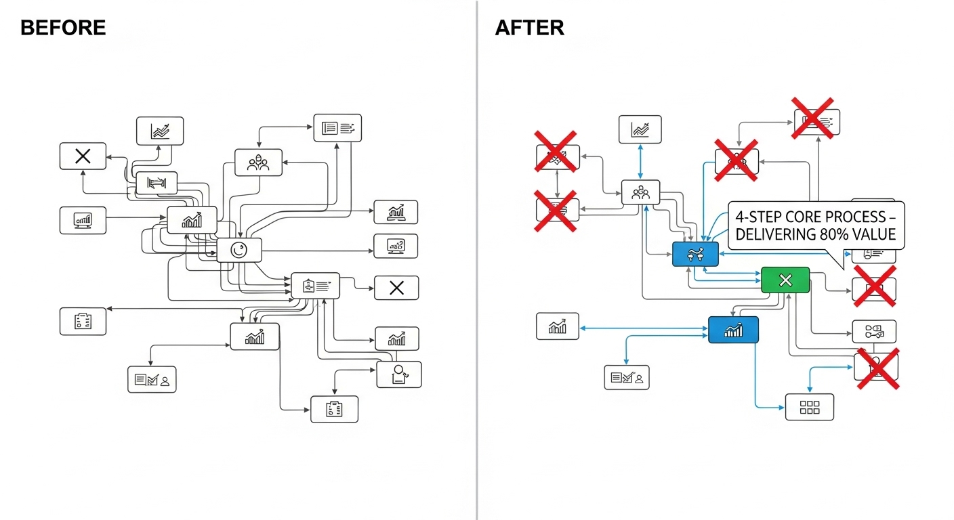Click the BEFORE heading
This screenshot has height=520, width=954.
point(63,28)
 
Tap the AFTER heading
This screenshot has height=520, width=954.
point(529,28)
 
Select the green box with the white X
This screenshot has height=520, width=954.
point(785,280)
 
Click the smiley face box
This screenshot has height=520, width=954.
point(239,250)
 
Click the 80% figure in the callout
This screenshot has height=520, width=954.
point(839,235)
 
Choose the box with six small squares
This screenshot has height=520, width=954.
point(810,407)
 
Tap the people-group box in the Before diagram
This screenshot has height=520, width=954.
point(258,162)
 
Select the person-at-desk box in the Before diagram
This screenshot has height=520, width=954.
point(398,374)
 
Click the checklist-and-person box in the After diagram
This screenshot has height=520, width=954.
point(626,377)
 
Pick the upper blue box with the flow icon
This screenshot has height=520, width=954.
point(695,254)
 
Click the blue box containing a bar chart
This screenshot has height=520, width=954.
point(733,330)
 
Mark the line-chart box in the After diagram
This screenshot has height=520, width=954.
point(640,129)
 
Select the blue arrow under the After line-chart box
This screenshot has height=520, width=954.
point(640,161)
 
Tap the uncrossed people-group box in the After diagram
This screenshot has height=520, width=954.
point(640,193)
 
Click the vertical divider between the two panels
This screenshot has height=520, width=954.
point(477,260)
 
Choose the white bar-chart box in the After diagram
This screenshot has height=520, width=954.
point(557,326)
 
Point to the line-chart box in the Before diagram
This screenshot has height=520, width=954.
point(160,131)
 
